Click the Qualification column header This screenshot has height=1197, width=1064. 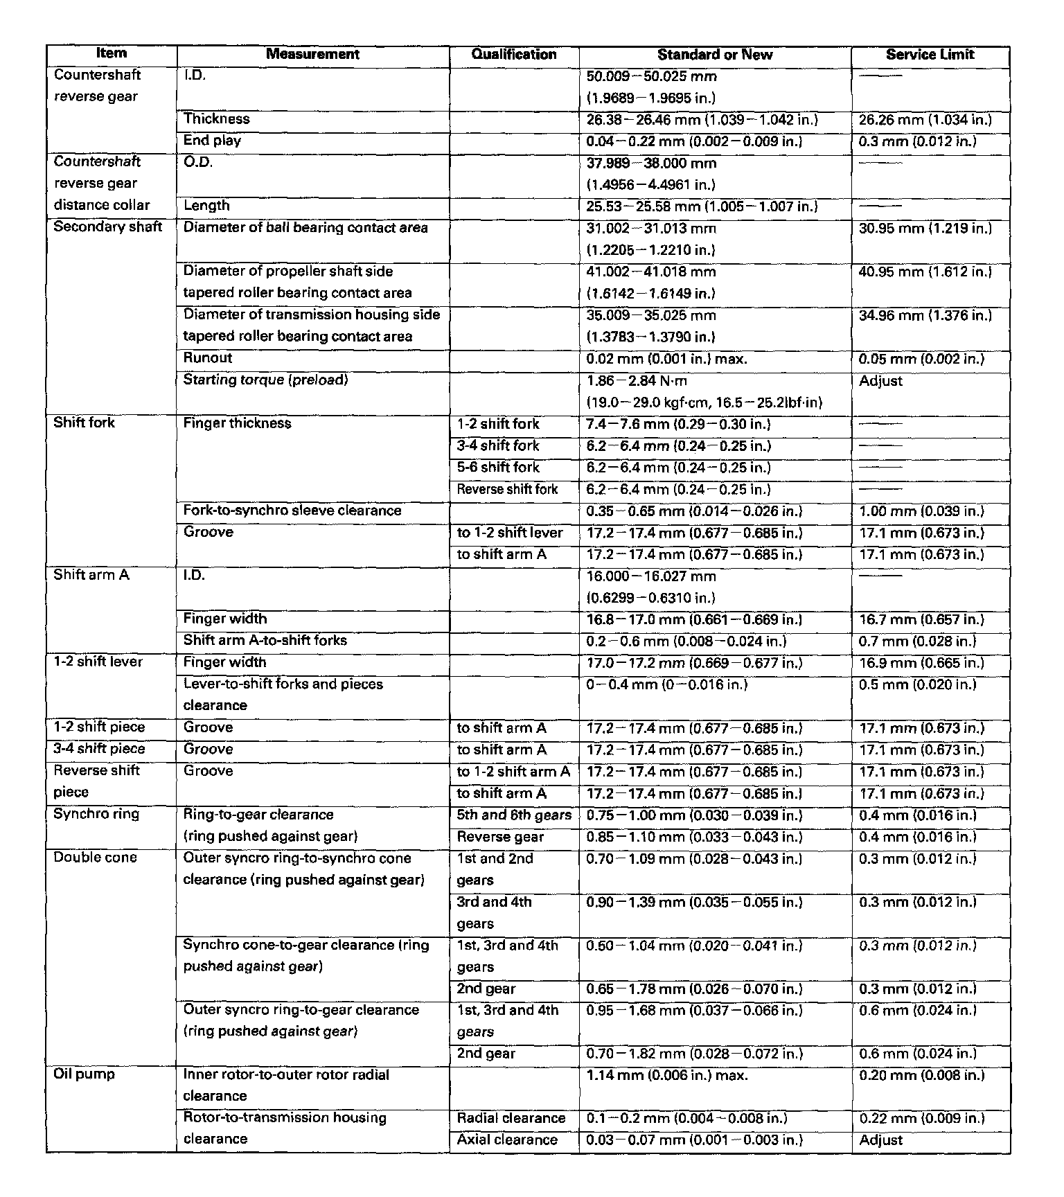[513, 55]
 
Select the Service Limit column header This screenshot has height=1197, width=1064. [930, 55]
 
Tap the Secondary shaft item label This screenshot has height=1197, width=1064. [108, 227]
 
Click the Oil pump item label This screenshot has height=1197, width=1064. [85, 1074]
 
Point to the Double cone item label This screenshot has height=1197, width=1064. [96, 858]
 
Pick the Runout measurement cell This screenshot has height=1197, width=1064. [208, 358]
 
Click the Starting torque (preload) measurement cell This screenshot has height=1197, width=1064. [265, 380]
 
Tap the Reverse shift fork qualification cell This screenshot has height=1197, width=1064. [507, 489]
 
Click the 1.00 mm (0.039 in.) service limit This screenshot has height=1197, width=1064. [921, 511]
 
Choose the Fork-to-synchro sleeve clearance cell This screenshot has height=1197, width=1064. [292, 511]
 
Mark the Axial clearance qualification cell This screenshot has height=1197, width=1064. [507, 1140]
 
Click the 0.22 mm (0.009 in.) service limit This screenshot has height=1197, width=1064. [921, 1118]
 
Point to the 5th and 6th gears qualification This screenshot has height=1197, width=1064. [514, 815]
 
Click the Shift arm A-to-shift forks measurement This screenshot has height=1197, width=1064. [265, 641]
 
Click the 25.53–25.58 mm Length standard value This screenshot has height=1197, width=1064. [702, 206]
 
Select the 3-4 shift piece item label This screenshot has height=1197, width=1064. [100, 749]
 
